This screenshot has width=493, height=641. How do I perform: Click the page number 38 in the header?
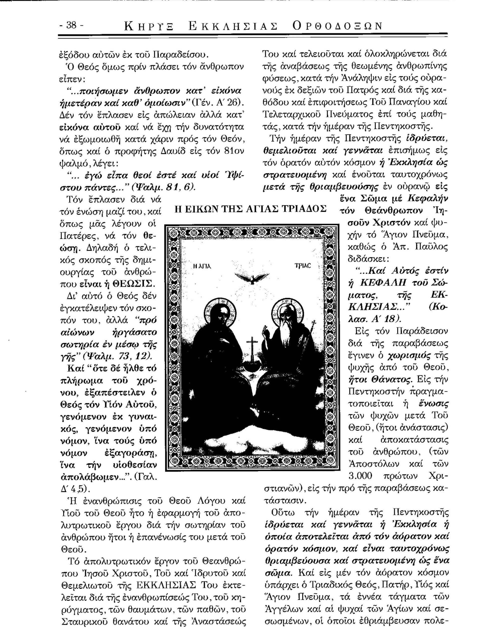pyautogui.click(x=71, y=25)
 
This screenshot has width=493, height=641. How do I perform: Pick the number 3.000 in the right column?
pyautogui.click(x=360, y=475)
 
